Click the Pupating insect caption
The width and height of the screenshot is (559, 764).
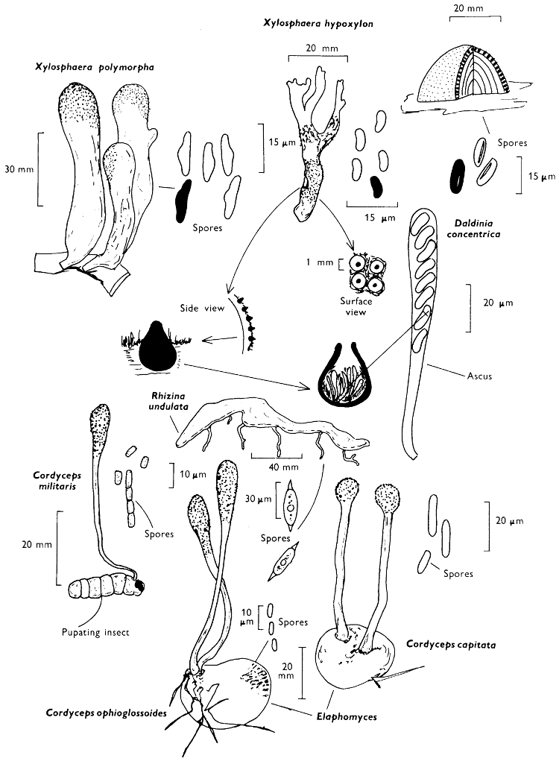[98, 632]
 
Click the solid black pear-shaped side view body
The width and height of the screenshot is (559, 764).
[157, 347]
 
